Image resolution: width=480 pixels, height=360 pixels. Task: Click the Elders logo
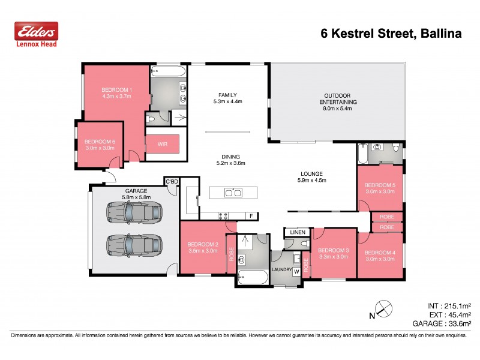pos(36,33)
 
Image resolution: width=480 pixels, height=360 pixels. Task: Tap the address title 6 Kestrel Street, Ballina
pos(391,34)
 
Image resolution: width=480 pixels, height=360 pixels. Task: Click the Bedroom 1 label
pos(116,89)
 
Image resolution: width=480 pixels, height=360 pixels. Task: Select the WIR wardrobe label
pos(162,145)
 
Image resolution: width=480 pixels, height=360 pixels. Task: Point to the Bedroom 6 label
pos(100,142)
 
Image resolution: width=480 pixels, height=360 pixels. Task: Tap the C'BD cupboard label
pos(171,181)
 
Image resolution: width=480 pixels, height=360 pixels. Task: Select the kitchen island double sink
pos(233,193)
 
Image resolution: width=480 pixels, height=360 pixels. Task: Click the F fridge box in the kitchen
pos(251,215)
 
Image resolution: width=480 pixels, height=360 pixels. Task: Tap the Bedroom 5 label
pos(380,185)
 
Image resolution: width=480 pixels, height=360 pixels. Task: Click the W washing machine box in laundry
pos(296,271)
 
